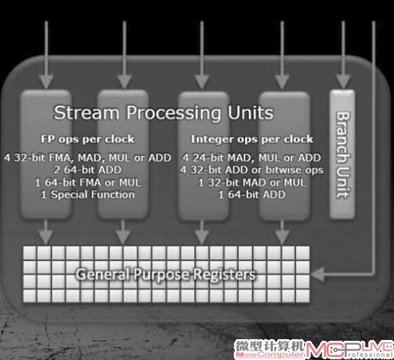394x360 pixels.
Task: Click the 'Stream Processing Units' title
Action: click(163, 113)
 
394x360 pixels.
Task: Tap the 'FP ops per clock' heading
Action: click(87, 139)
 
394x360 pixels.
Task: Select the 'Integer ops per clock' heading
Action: click(251, 139)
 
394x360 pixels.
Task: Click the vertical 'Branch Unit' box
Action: click(342, 154)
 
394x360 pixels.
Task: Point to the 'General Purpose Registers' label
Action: click(166, 274)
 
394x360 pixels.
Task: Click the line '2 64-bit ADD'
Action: click(87, 170)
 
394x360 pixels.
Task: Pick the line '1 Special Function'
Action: click(87, 194)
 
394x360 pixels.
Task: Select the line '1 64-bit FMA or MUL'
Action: click(87, 182)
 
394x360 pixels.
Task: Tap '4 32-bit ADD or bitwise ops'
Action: click(251, 170)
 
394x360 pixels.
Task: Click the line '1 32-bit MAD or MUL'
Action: click(251, 182)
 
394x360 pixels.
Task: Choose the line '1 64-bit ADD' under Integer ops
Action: click(251, 194)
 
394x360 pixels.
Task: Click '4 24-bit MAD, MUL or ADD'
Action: click(251, 158)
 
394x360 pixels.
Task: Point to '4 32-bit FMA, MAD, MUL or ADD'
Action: click(87, 158)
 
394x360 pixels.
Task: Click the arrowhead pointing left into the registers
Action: click(318, 274)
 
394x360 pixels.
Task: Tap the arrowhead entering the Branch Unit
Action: click(344, 82)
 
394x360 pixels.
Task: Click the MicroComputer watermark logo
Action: click(270, 349)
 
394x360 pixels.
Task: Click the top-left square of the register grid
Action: click(30, 253)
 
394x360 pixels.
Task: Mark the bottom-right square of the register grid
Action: click(303, 296)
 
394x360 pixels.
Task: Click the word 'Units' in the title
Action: click(251, 113)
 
